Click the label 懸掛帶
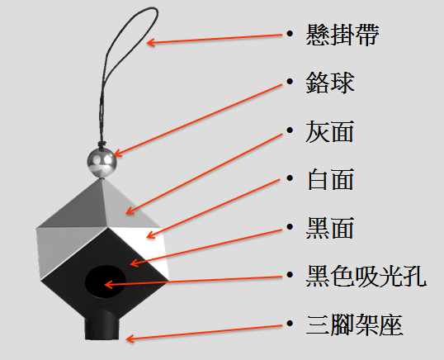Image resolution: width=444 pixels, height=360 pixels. point(342,35)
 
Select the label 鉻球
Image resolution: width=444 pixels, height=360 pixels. point(330,83)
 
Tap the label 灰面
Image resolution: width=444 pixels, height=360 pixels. point(330,131)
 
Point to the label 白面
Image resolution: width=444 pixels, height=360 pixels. point(330,179)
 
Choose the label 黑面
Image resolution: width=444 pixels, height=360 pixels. point(330,228)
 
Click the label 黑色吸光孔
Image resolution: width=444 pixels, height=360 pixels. point(366,276)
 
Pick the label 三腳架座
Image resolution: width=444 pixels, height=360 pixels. point(355,324)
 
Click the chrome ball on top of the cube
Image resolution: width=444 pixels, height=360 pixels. point(102,163)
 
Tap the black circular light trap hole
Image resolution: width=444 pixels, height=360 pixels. point(106,282)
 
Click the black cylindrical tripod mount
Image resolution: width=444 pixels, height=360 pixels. point(102,324)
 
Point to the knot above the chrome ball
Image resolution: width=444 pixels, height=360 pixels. point(102,144)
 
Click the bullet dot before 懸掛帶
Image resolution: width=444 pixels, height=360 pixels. point(290,34)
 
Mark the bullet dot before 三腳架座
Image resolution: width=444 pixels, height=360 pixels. point(290,323)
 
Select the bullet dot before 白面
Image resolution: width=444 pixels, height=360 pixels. point(290,178)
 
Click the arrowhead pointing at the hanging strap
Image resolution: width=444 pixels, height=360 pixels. point(150,42)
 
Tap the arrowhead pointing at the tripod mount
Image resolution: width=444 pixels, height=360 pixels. point(130,339)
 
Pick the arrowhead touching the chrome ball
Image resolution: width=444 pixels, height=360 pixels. point(117,154)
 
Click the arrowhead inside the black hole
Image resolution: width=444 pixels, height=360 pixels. point(108,284)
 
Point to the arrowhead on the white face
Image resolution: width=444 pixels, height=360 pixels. point(150,234)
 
